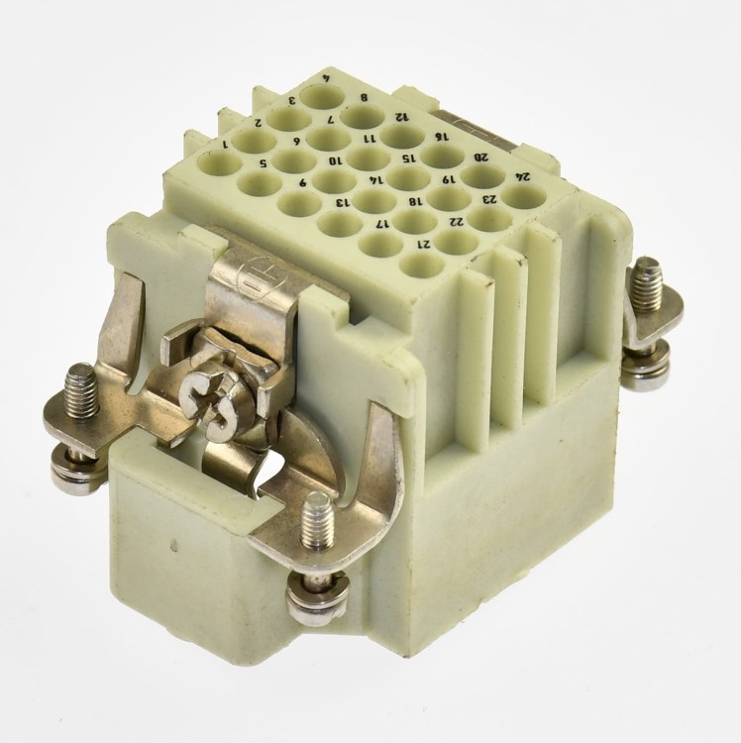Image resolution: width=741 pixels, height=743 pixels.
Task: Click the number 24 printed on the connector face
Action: tap(523, 177)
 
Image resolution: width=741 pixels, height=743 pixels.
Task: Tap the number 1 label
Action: tap(226, 145)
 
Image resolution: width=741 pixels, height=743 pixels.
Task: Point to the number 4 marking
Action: tap(326, 79)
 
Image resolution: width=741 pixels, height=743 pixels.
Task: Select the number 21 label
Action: tap(424, 245)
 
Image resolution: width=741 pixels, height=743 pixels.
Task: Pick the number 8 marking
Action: tap(364, 98)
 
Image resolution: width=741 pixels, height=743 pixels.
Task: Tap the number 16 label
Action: tap(442, 138)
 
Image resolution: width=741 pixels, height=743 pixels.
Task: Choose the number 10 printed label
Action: tap(336, 161)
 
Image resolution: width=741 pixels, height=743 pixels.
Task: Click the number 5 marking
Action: tap(262, 163)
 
